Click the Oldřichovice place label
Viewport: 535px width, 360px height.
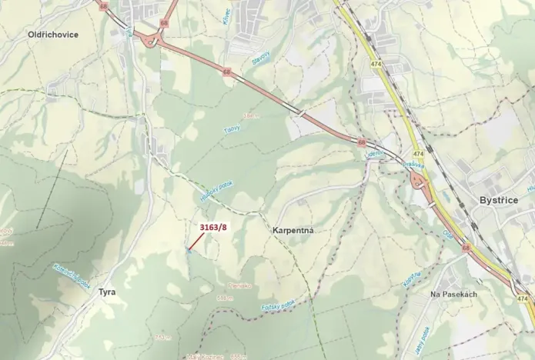point(53,35)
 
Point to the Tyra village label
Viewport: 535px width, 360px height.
point(106,292)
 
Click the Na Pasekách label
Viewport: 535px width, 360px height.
point(454,295)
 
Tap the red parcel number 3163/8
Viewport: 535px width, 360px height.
point(214,227)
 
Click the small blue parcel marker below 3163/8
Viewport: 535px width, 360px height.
point(189,249)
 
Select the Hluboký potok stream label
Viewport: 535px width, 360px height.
point(216,191)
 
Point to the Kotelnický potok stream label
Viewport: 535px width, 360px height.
point(71,275)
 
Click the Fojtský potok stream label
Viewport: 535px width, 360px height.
point(277,307)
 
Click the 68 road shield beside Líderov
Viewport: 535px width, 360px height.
point(361,142)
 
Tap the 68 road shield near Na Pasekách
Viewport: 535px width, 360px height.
point(466,248)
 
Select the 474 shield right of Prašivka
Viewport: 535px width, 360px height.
point(418,155)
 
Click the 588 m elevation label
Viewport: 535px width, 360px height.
point(225,298)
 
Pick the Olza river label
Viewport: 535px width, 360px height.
point(448,232)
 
